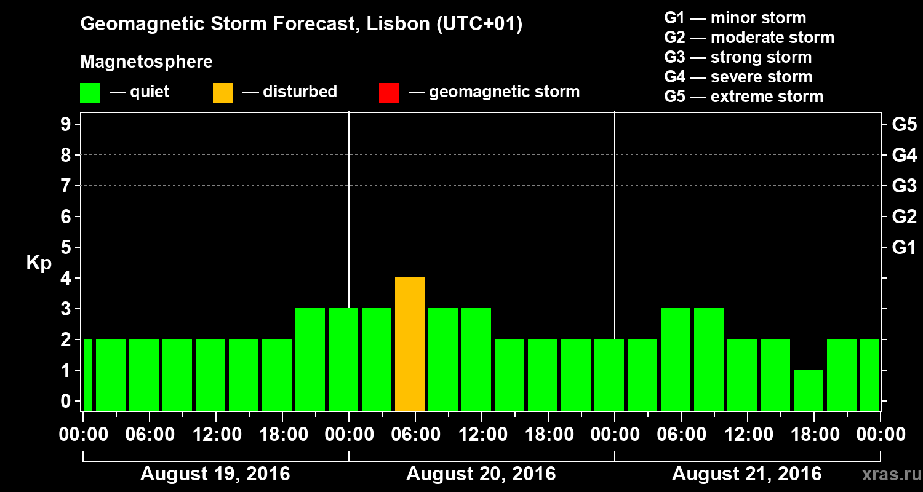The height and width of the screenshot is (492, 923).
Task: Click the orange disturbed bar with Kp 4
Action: click(x=410, y=344)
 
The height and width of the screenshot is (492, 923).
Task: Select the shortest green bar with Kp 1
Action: click(x=809, y=390)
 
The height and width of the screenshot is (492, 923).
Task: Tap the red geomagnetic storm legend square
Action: click(x=390, y=93)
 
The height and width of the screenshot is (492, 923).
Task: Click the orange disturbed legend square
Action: click(x=223, y=93)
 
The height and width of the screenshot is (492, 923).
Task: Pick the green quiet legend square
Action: click(x=90, y=93)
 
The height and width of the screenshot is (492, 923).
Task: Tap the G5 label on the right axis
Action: click(x=904, y=125)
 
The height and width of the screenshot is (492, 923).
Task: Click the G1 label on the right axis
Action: click(x=904, y=248)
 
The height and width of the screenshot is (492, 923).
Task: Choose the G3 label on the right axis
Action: click(x=904, y=186)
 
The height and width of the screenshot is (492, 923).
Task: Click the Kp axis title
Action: click(x=39, y=264)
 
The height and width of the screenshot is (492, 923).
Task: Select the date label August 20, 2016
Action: click(x=481, y=474)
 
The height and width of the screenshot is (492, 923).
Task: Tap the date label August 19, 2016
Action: click(x=215, y=474)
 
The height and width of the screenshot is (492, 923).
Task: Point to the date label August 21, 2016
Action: click(x=746, y=474)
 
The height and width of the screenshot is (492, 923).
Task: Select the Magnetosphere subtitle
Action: click(x=146, y=62)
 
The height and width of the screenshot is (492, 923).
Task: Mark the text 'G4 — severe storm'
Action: click(x=738, y=77)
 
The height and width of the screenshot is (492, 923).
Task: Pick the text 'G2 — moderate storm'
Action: click(x=749, y=38)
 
